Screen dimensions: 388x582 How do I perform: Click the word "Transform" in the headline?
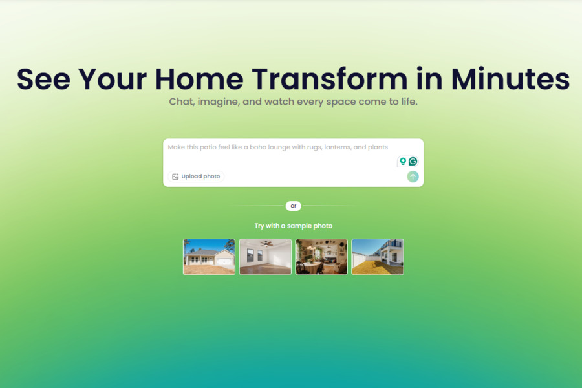[330, 79]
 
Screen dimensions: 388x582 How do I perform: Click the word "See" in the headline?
[43, 79]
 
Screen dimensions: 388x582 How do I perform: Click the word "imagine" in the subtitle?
[221, 102]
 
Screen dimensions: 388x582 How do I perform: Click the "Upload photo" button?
[196, 177]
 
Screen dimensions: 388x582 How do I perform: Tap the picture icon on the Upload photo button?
[175, 177]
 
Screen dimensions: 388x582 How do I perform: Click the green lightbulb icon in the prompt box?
[402, 161]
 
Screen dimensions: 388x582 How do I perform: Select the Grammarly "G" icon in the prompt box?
[413, 161]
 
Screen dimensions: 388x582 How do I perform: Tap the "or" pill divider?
[293, 206]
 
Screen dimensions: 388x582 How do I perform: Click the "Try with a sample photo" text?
[293, 226]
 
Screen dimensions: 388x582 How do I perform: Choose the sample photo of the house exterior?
[209, 257]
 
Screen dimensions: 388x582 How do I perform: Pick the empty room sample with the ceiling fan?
[265, 257]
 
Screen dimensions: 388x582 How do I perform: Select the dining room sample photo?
[321, 257]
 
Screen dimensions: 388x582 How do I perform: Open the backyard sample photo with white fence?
[378, 257]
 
